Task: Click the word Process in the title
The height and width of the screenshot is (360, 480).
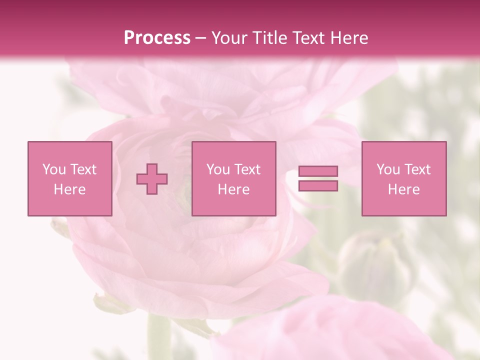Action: tap(157, 38)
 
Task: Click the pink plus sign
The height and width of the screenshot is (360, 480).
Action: tap(152, 178)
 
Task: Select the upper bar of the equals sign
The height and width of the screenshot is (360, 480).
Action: tap(318, 171)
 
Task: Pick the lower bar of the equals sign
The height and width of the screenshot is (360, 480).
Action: tap(318, 186)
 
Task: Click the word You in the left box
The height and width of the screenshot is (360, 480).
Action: tap(54, 169)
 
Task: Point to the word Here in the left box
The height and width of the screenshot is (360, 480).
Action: tap(69, 189)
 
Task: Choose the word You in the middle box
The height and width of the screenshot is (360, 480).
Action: tap(218, 169)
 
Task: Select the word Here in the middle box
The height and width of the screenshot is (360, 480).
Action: tap(233, 189)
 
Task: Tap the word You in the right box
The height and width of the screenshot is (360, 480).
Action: tap(388, 169)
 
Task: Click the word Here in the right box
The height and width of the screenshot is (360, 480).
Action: tap(403, 189)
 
